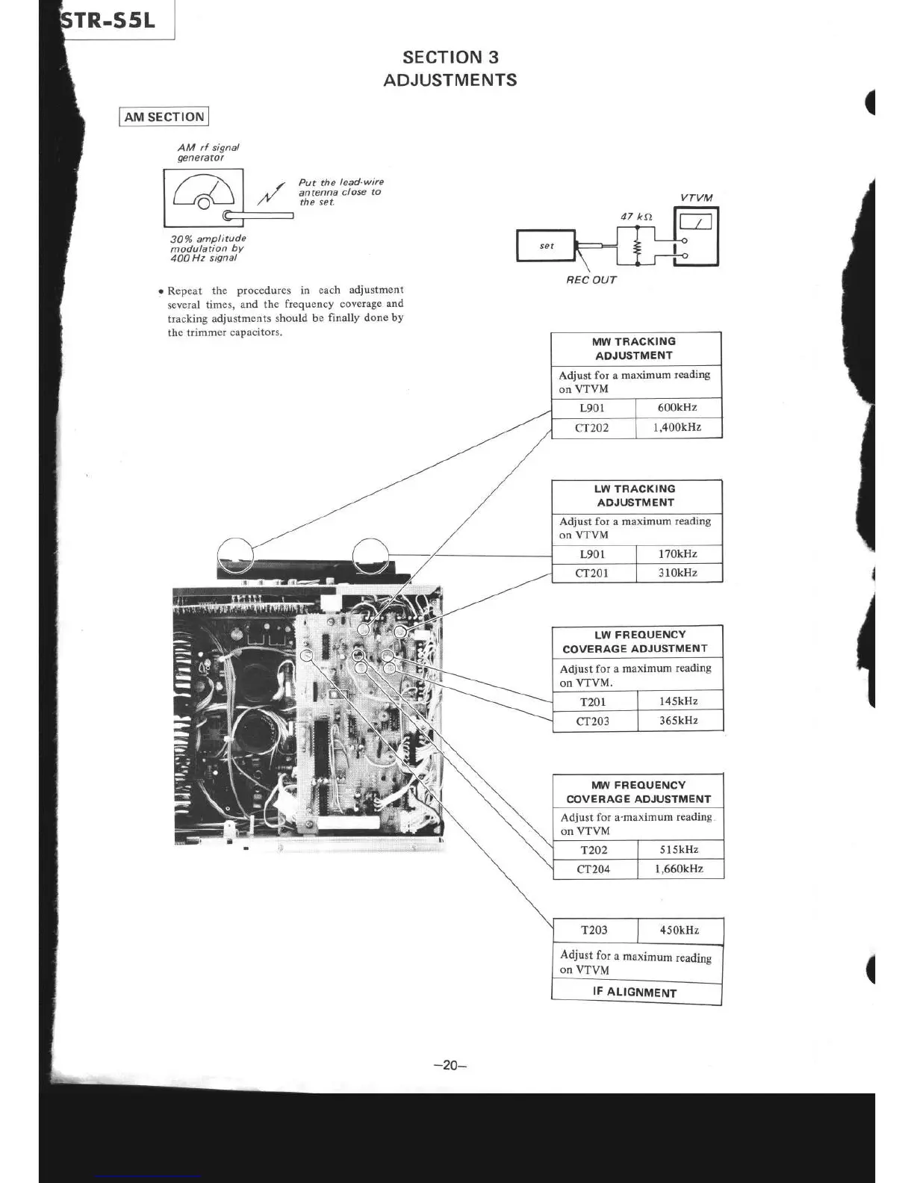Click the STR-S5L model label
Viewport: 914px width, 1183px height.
click(x=110, y=20)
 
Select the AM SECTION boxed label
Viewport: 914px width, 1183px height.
click(x=164, y=117)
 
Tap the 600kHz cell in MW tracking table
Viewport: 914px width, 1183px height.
click(x=677, y=408)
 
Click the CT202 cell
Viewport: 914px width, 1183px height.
click(x=592, y=428)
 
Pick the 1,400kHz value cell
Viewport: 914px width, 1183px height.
click(x=677, y=428)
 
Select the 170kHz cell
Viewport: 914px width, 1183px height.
click(x=678, y=554)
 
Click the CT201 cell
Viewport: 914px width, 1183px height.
click(x=592, y=574)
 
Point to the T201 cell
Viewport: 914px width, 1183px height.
click(x=594, y=702)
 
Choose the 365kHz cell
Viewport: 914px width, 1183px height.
click(x=679, y=721)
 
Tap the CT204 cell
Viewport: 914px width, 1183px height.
click(x=594, y=869)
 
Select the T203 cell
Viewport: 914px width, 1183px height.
click(x=594, y=931)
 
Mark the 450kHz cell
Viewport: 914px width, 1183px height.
click(x=680, y=931)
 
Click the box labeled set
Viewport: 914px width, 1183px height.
click(x=547, y=246)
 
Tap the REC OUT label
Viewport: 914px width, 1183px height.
click(x=591, y=280)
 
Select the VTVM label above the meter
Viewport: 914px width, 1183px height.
click(x=697, y=198)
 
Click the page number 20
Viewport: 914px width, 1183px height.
click(x=450, y=1066)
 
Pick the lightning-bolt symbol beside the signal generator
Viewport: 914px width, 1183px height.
click(x=270, y=194)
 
